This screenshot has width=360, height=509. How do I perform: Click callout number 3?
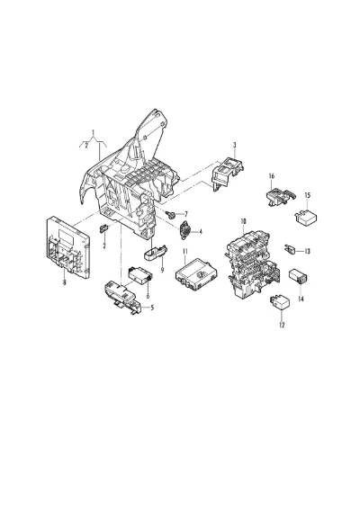tap(235, 145)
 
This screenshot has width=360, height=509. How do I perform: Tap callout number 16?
tap(272, 176)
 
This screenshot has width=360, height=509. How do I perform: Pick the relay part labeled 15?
tap(306, 218)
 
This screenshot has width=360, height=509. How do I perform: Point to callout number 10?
tap(243, 221)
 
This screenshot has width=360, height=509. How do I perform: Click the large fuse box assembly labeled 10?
tap(252, 263)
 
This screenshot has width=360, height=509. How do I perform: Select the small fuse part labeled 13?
tap(290, 250)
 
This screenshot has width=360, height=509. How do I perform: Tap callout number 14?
tap(301, 299)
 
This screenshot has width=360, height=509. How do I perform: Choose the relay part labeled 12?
tap(278, 303)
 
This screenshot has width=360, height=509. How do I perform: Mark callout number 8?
tap(64, 282)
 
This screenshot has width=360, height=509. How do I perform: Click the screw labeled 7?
tap(170, 214)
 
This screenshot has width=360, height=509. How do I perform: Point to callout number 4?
tap(201, 232)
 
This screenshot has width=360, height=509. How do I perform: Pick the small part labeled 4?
tap(185, 230)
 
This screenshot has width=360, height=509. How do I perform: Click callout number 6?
tap(148, 296)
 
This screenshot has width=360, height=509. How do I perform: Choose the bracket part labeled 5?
tap(122, 297)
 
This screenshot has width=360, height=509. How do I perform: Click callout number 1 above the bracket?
tap(94, 132)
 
